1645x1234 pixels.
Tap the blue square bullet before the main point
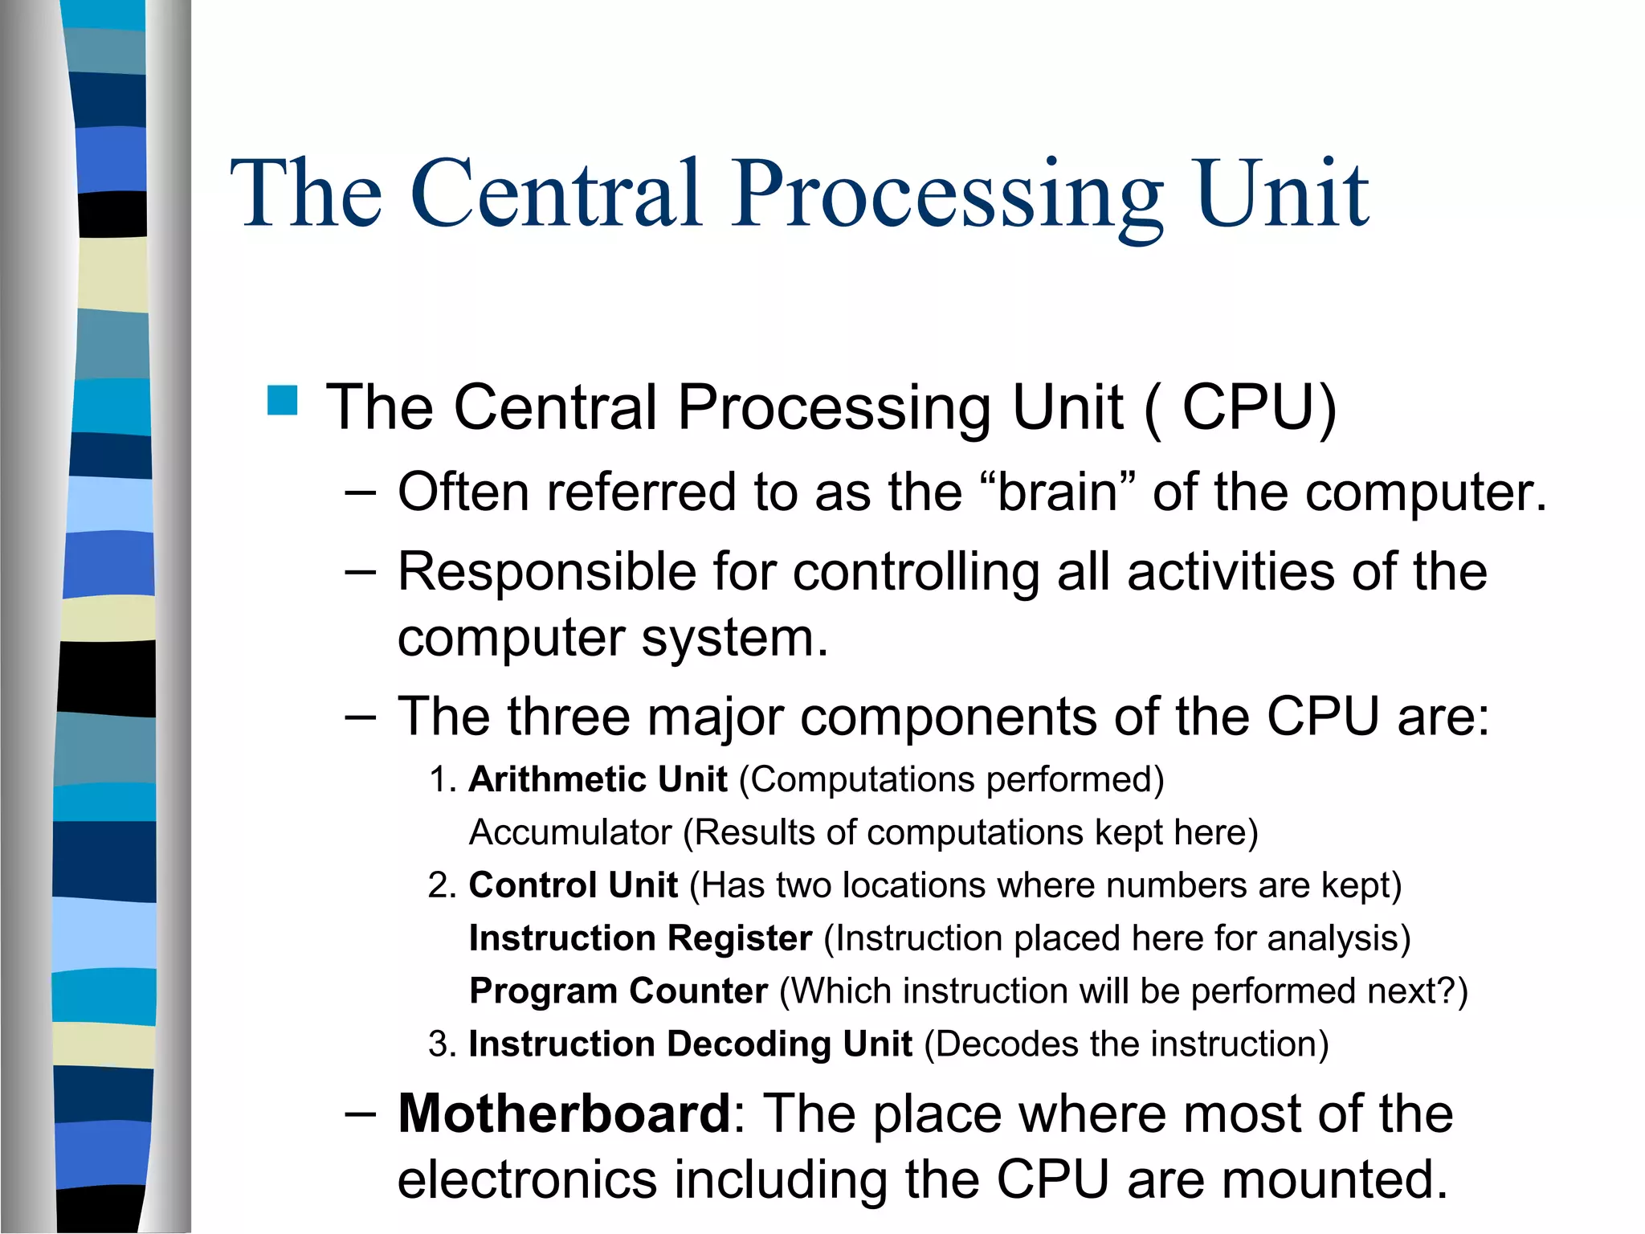pos(282,400)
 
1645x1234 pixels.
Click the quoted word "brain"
pos(1059,492)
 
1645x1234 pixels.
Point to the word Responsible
pos(546,572)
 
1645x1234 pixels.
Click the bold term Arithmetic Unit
pos(598,779)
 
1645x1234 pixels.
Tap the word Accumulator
pos(569,832)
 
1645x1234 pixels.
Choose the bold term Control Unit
pos(573,885)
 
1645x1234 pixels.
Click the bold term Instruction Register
pos(640,938)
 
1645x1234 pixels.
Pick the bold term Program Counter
pos(618,991)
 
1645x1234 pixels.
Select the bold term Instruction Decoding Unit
pos(690,1044)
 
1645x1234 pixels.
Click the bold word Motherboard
pos(564,1113)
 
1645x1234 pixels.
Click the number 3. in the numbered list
pos(443,1044)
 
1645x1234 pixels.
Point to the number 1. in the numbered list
pos(443,779)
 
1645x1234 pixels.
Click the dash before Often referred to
pos(360,492)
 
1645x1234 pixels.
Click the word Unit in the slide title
pos(1282,195)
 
